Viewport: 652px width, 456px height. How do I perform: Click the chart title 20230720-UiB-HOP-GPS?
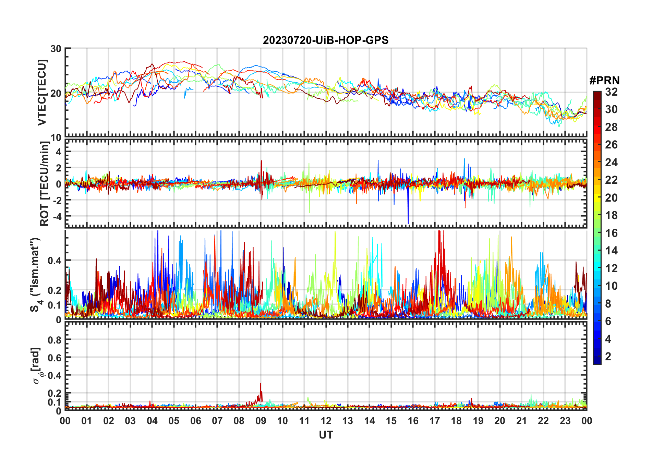point(326,40)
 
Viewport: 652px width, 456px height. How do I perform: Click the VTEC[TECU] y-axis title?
point(42,93)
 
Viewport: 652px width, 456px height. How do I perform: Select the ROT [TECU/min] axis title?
point(45,183)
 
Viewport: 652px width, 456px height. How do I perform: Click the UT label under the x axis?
point(326,435)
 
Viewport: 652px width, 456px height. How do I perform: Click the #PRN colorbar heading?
point(604,81)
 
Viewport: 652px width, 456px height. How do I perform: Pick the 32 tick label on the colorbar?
point(611,92)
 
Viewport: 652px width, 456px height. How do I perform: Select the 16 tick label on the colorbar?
point(611,233)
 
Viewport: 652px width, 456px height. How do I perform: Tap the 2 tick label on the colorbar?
point(608,357)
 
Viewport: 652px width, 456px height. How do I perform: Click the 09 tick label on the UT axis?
point(261,421)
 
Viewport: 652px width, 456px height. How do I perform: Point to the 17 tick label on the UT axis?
point(435,421)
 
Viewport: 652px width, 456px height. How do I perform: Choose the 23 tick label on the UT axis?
point(565,421)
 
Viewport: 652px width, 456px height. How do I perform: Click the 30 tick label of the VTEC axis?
point(56,49)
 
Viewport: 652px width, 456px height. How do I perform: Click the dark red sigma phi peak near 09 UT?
point(260,384)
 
